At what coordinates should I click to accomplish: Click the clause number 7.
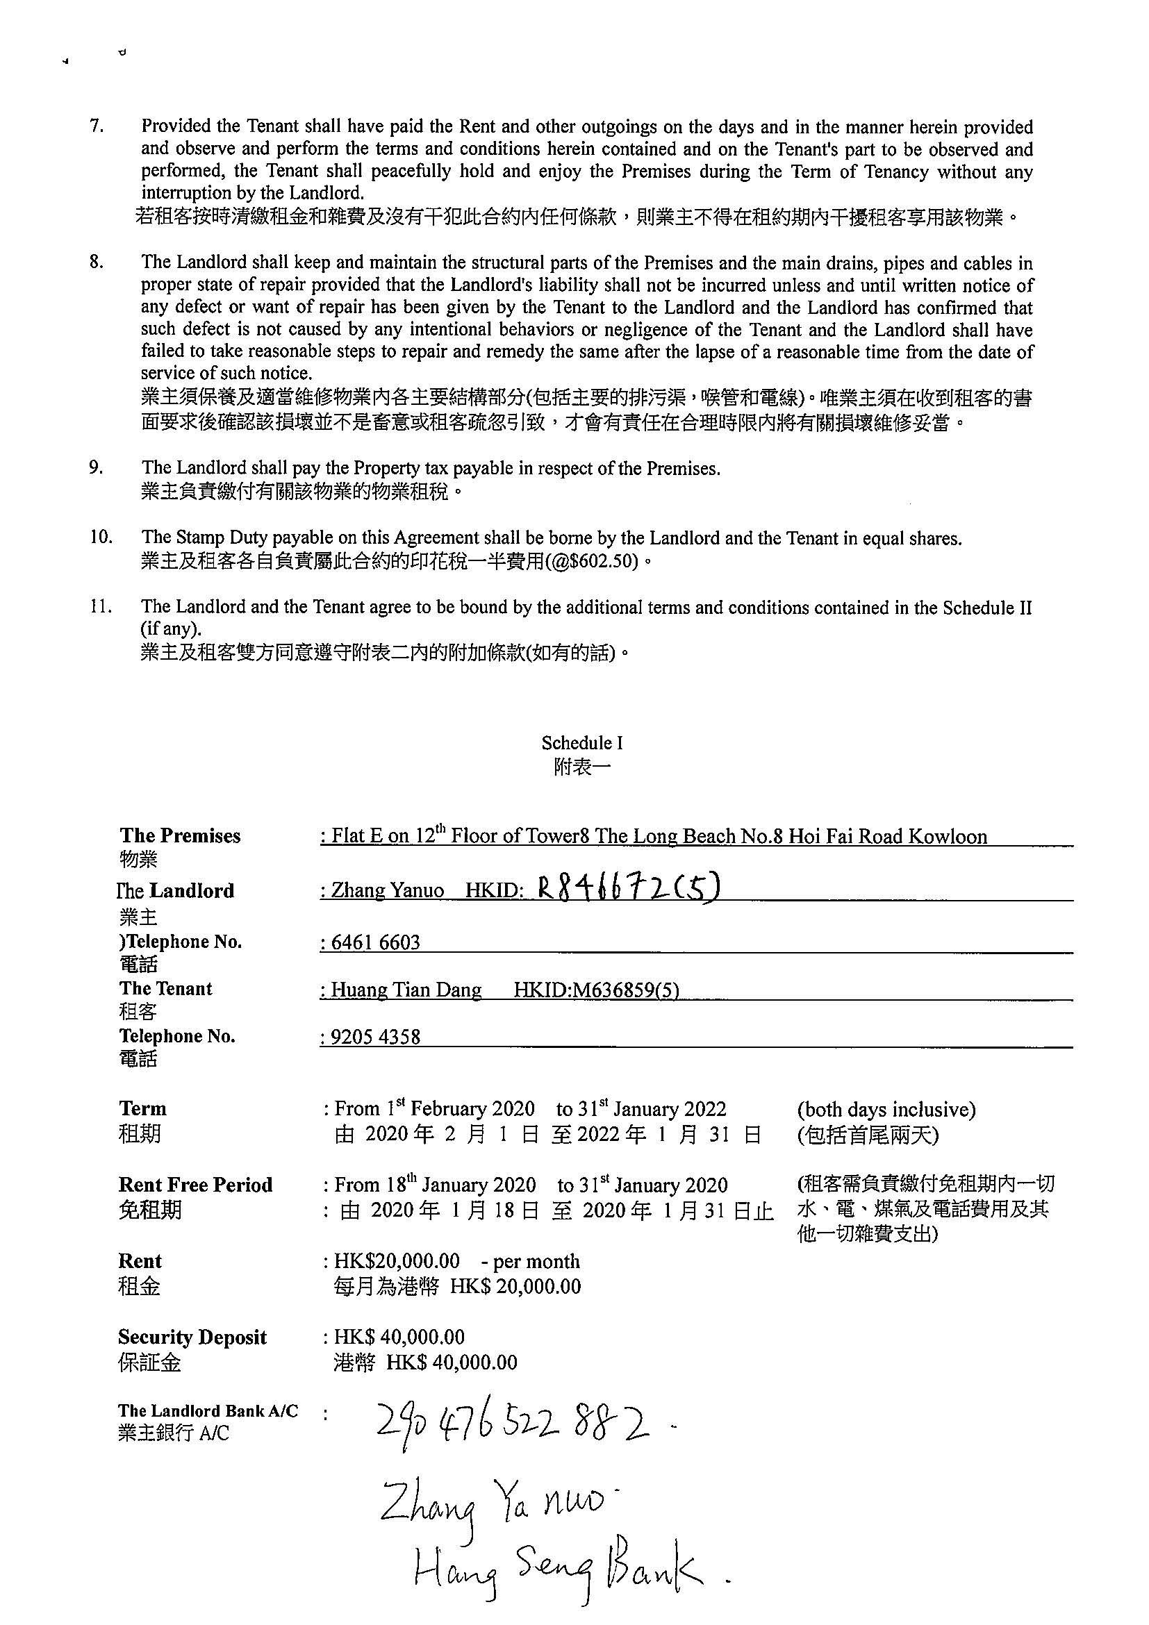[97, 126]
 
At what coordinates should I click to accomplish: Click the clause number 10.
[101, 537]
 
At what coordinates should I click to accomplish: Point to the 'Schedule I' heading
[581, 742]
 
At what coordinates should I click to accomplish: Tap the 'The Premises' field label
[180, 836]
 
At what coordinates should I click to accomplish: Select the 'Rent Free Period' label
[195, 1185]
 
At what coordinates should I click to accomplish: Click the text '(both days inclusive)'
[886, 1109]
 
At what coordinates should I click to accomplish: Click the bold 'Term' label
[142, 1108]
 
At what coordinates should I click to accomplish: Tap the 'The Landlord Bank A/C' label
[208, 1410]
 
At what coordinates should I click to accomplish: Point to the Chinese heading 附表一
[581, 767]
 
